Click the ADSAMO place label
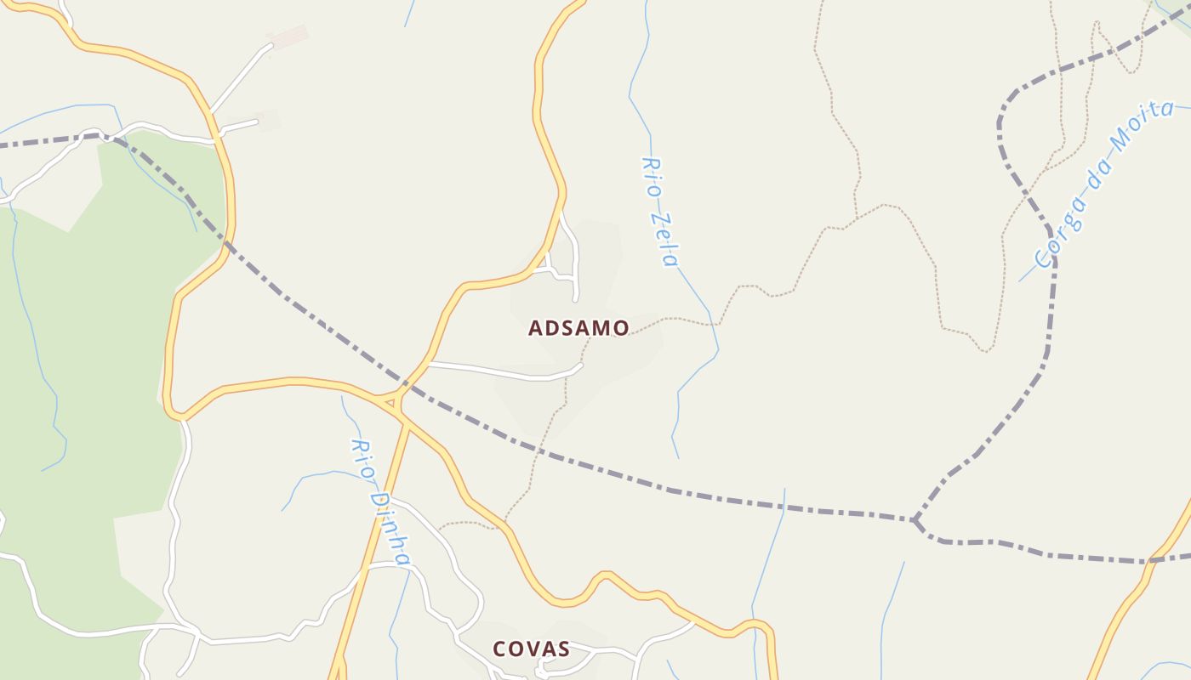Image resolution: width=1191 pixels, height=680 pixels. [578, 328]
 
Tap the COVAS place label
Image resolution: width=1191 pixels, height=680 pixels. [531, 649]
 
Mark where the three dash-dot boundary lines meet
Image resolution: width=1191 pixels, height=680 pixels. [915, 518]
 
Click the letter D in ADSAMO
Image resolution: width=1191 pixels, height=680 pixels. [554, 328]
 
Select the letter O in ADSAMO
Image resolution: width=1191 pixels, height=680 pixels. [621, 328]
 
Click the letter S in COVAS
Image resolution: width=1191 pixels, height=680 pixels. [563, 649]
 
